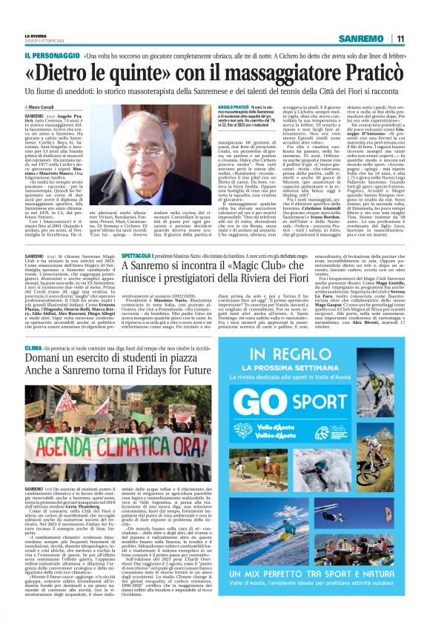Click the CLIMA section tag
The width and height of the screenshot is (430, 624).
(33, 348)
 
